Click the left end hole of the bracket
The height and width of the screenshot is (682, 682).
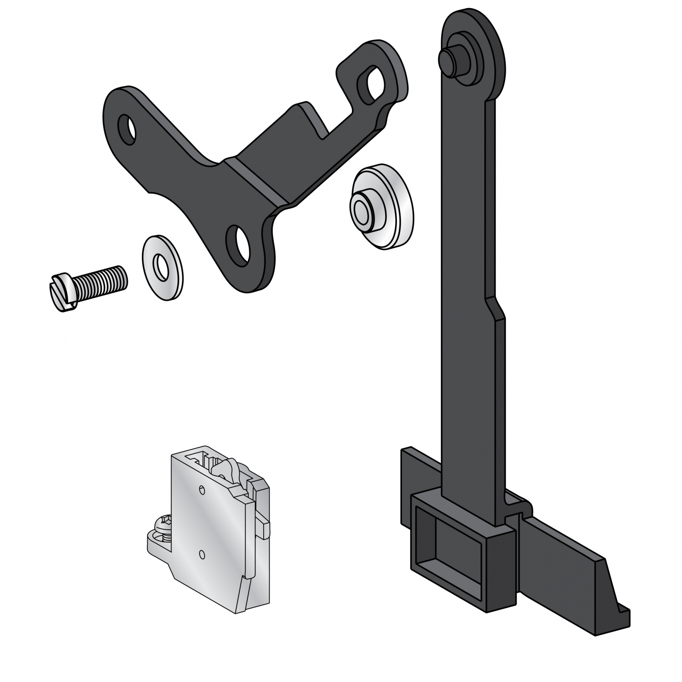pyautogui.click(x=126, y=129)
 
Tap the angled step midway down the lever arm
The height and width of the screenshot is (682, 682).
pyautogui.click(x=496, y=309)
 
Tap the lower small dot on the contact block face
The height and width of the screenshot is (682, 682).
pyautogui.click(x=202, y=554)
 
